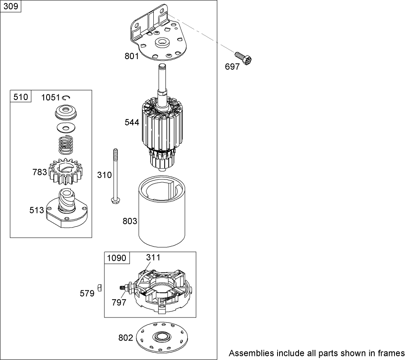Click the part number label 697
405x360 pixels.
pos(232,67)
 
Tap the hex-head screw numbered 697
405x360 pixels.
pos(243,58)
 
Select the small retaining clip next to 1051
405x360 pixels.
pos(67,98)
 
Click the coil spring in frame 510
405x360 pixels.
pos(66,144)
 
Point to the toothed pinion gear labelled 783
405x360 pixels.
pos(67,172)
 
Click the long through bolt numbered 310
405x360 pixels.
pos(115,177)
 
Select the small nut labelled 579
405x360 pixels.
pos(100,288)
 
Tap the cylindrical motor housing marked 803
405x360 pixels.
pos(162,211)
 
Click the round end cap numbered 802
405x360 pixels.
pos(162,337)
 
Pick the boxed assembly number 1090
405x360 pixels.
pos(117,258)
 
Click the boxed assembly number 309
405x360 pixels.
pos(11,6)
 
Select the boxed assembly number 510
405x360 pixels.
pos(21,97)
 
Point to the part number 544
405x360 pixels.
pos(132,122)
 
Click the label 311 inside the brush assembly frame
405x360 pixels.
pos(153,258)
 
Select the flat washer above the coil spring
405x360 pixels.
pos(66,128)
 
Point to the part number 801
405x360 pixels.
pos(132,56)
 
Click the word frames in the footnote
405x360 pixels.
pos(390,353)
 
